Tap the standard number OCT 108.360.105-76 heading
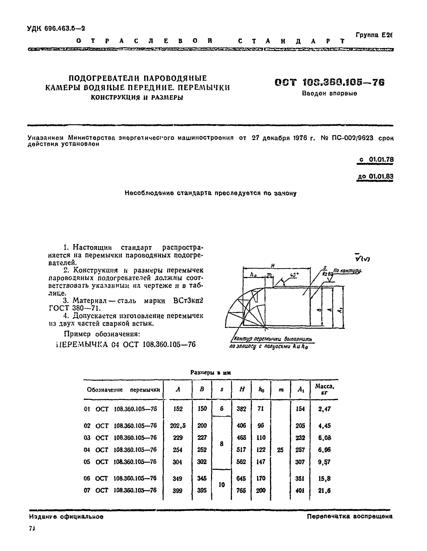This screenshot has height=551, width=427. coord(330,83)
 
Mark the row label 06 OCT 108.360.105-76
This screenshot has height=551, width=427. coord(120,478)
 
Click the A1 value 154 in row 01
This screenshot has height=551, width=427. coord(300,409)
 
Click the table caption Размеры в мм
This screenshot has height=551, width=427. coord(211,373)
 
